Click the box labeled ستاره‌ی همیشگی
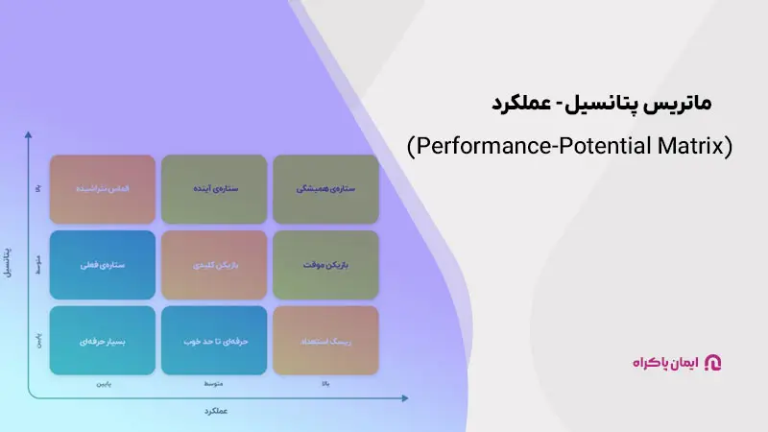(x=326, y=189)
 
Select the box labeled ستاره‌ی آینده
(x=214, y=189)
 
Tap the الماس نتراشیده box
(x=103, y=189)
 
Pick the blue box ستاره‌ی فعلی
(x=103, y=265)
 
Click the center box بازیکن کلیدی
(x=214, y=265)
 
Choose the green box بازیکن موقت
(x=326, y=265)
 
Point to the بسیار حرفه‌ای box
(x=103, y=340)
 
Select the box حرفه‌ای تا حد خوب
(x=214, y=340)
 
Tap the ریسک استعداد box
(x=326, y=340)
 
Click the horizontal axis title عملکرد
(x=215, y=411)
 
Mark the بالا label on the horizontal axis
(x=326, y=384)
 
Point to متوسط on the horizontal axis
(x=214, y=384)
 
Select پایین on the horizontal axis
(x=103, y=384)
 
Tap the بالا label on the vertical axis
(x=37, y=189)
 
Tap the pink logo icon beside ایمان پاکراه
(x=712, y=362)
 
